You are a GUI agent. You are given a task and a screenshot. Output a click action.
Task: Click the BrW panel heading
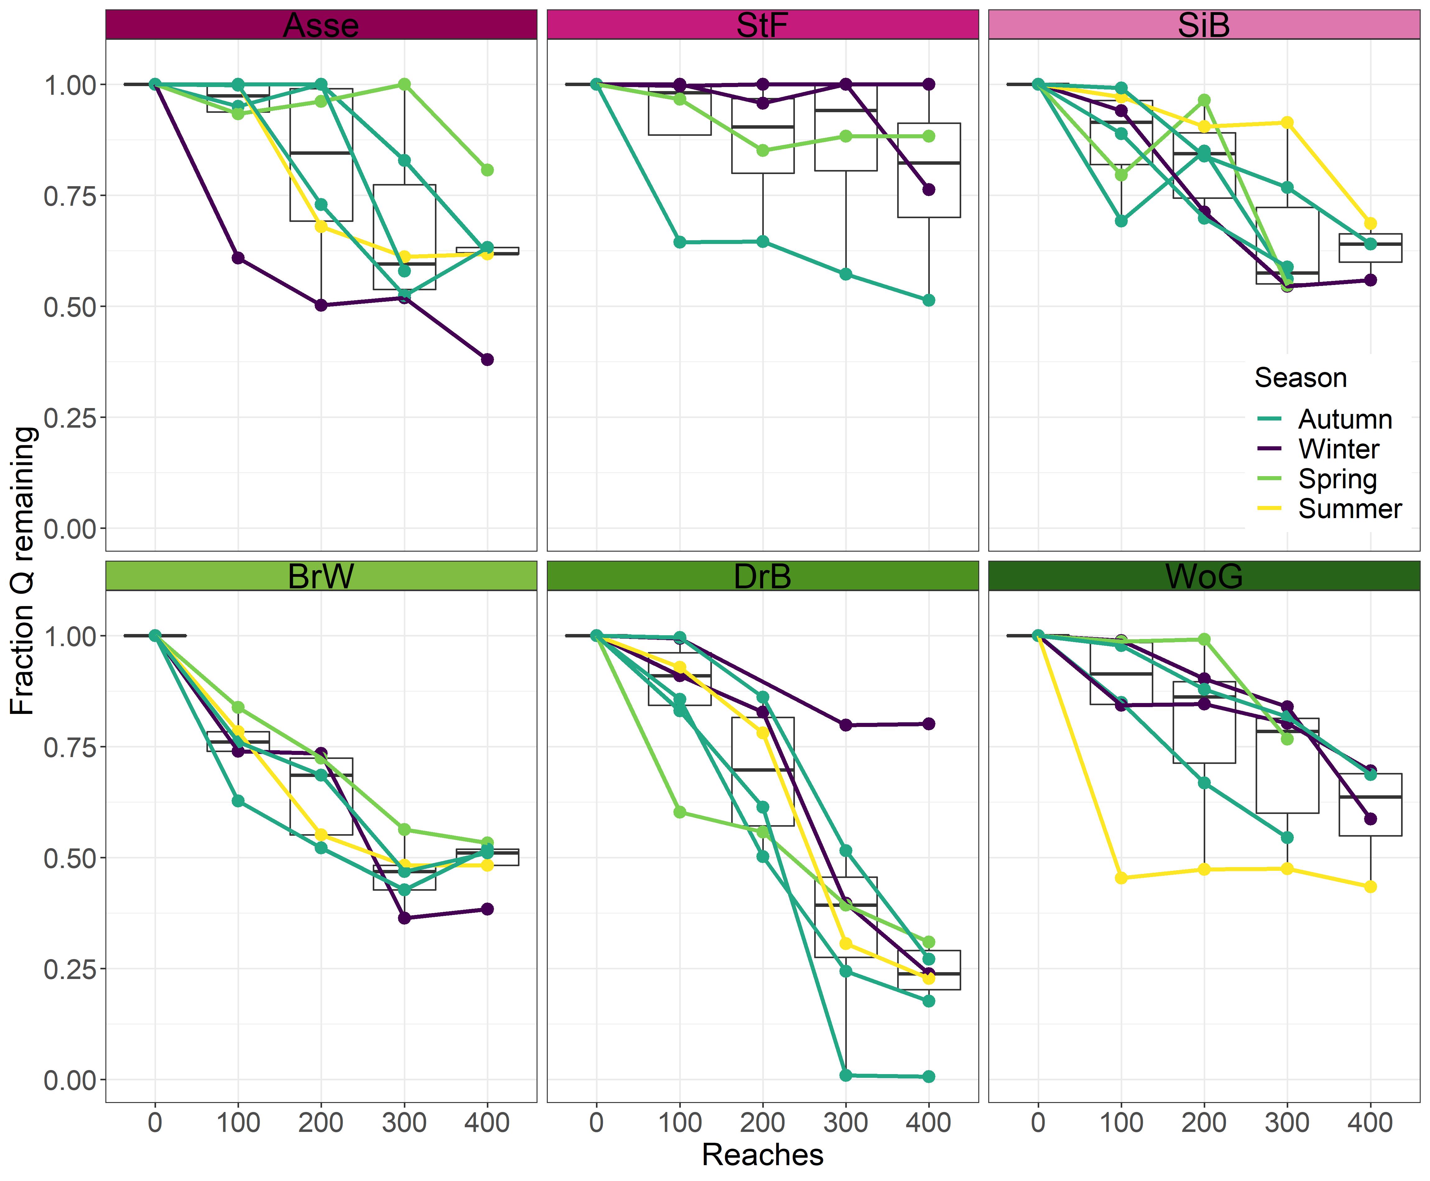point(321,576)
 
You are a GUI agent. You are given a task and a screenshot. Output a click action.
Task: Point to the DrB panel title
point(762,576)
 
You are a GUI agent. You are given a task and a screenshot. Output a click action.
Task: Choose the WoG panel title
point(1203,576)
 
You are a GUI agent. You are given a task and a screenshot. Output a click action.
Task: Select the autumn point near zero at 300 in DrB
point(846,1075)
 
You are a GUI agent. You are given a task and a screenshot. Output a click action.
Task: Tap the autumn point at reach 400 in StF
point(929,300)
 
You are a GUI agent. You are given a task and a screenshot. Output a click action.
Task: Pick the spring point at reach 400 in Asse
point(487,170)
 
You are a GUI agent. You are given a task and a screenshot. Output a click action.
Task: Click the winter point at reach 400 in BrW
point(487,909)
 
